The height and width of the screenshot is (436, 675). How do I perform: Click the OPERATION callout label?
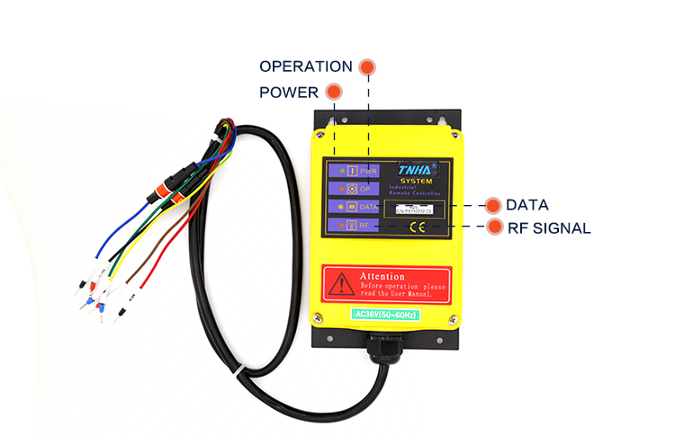click(305, 67)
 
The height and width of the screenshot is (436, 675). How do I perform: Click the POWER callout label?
click(288, 93)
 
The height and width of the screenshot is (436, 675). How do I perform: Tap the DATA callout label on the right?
click(526, 205)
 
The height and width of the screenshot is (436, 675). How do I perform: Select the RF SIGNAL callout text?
click(548, 228)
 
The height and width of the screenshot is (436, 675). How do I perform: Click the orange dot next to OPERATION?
click(366, 67)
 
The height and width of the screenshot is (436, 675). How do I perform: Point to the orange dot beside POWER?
click(334, 92)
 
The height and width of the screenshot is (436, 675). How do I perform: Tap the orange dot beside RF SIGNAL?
click(494, 227)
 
